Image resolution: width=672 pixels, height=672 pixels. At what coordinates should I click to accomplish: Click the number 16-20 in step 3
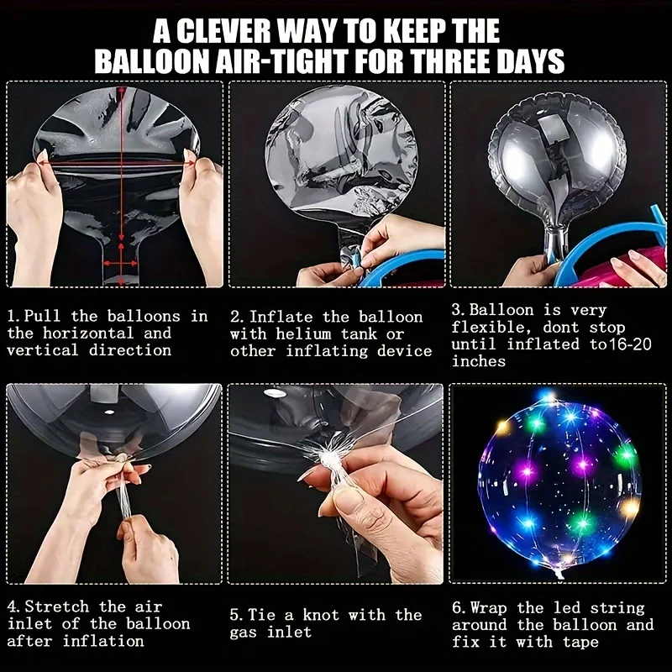[630, 344]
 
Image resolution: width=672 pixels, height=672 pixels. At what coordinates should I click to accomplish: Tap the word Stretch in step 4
[57, 606]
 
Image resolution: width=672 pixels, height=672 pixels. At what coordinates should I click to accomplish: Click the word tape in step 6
[580, 642]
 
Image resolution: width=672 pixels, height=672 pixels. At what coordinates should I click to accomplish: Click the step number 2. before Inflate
[238, 318]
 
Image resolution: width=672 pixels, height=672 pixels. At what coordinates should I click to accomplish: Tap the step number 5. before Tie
[237, 615]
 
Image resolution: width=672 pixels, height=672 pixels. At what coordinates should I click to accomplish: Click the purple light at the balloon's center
[583, 465]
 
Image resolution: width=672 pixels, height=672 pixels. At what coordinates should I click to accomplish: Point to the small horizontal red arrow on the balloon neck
[120, 263]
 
